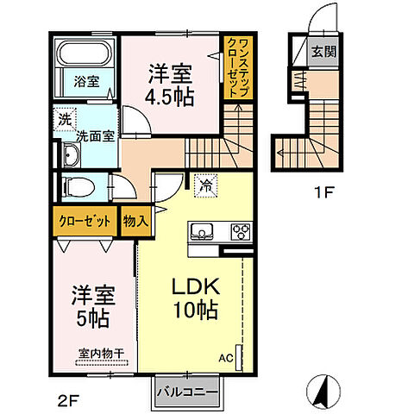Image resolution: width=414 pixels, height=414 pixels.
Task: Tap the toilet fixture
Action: pos(78,187)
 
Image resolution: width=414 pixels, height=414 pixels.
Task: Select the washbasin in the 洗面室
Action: pos(71,154)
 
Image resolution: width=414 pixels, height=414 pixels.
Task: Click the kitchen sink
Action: pos(202,231)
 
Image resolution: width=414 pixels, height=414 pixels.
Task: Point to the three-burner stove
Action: pos(241,231)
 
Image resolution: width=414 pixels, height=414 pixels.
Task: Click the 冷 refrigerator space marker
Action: pos(206,185)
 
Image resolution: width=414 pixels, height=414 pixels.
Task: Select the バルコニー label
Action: pos(187,392)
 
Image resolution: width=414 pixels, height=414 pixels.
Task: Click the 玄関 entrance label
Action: pos(323,52)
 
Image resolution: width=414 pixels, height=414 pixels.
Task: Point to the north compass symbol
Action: pos(323,392)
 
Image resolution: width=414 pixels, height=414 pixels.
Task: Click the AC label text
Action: pos(226,358)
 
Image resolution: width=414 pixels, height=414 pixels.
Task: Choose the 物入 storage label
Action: pos(135,222)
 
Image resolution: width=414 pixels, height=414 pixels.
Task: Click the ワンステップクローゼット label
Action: pos(238,68)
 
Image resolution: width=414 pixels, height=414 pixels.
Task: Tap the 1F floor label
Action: pos(324,192)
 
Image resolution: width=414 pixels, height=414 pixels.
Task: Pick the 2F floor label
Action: pos(68,400)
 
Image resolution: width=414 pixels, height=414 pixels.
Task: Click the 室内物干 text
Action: pos(102,354)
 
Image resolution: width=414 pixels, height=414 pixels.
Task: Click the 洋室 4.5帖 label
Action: pos(170,85)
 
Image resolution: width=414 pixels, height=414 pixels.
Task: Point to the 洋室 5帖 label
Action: pos(93,306)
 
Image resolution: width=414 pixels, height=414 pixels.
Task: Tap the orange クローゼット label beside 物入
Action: pos(85,222)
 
